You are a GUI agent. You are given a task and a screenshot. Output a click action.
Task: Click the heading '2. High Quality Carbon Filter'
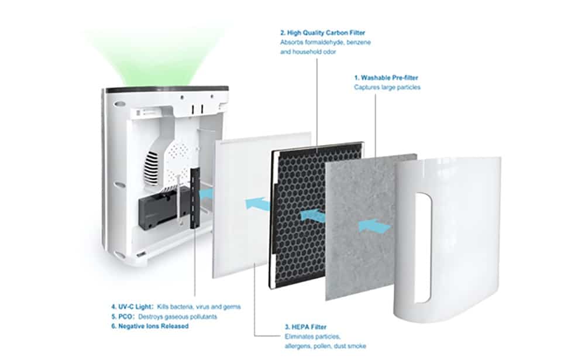pos(323,33)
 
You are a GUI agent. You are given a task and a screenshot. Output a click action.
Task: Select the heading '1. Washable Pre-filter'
pos(386,78)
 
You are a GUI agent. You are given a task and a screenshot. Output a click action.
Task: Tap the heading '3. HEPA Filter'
pos(305,327)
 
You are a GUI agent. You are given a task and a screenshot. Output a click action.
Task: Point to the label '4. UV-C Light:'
pos(132,307)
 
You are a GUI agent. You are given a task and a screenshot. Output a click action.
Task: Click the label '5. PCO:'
pos(122,317)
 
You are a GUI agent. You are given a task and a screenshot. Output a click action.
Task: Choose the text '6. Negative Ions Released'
pos(150,326)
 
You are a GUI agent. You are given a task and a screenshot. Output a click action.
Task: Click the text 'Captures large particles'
pos(387,87)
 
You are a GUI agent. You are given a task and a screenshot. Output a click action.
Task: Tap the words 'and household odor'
pos(308,52)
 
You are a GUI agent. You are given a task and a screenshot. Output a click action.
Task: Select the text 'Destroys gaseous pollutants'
pos(178,317)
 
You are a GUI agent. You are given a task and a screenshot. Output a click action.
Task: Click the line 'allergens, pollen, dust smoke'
pos(325,346)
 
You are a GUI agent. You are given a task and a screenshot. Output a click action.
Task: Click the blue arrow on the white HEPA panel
pos(257,204)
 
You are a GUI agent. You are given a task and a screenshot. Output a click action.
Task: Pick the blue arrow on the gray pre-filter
pos(374,226)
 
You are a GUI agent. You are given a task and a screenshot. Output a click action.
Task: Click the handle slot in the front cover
pos(424,248)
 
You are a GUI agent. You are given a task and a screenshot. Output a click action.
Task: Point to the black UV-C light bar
pos(195,198)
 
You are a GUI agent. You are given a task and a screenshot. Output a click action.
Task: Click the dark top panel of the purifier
pos(167,90)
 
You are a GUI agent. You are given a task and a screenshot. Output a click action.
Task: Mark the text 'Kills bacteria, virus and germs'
pos(199,307)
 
